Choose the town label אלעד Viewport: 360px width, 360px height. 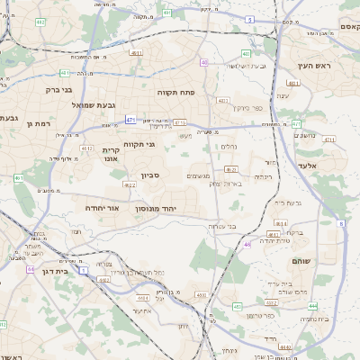pyautogui.click(x=308, y=166)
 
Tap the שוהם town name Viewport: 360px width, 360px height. pyautogui.click(x=301, y=261)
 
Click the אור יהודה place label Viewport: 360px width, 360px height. pyautogui.click(x=102, y=208)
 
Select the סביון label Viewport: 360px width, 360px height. pyautogui.click(x=149, y=175)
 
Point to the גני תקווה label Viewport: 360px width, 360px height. pyautogui.click(x=162, y=144)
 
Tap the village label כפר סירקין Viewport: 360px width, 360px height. pyautogui.click(x=247, y=108)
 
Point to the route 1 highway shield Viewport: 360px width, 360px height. pyautogui.click(x=83, y=270)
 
